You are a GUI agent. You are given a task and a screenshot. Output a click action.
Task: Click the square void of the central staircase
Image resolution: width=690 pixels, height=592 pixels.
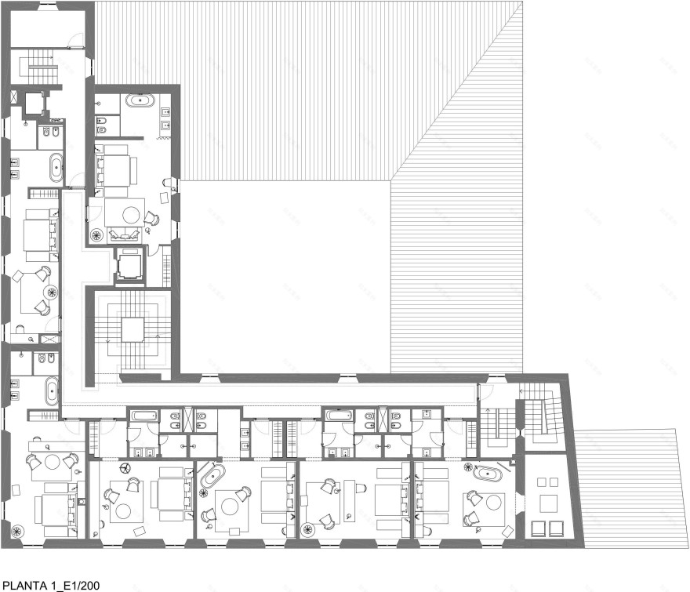click(133, 329)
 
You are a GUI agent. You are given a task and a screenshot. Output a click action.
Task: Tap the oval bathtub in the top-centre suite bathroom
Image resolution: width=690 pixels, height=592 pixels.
click(140, 101)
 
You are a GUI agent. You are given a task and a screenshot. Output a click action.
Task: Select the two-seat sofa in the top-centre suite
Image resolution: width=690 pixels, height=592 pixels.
click(123, 234)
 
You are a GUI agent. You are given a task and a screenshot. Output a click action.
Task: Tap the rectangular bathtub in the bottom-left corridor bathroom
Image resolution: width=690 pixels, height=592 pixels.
click(143, 415)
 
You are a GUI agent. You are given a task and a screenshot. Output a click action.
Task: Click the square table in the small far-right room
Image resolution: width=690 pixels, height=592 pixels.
click(548, 503)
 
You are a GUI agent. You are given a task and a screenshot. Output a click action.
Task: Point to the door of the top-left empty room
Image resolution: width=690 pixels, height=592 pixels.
click(76, 41)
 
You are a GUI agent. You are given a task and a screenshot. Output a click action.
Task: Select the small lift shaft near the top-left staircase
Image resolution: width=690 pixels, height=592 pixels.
click(34, 104)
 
